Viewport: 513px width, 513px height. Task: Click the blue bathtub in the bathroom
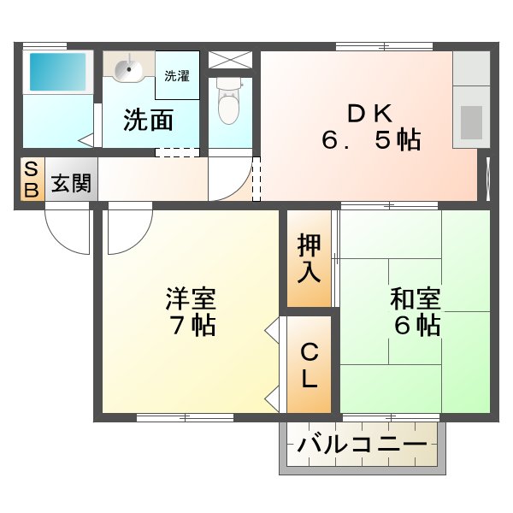coord(57,72)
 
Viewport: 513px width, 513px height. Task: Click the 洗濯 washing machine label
coord(177,75)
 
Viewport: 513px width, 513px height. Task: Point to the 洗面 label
coord(148,121)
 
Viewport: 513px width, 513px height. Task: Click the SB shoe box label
coord(31,180)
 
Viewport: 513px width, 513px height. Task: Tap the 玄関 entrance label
coord(70,182)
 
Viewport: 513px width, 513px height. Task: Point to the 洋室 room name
coord(191,299)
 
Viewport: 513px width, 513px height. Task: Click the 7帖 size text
coord(192,326)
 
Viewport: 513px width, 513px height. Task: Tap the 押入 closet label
coord(309,257)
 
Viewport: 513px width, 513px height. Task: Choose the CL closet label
coord(309,364)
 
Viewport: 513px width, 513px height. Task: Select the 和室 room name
coord(416,299)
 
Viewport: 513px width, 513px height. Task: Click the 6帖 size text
coord(416,326)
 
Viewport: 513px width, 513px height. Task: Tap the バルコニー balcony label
coord(362,445)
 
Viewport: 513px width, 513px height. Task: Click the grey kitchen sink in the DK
coord(471,122)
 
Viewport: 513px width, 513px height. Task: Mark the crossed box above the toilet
coord(231,61)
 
